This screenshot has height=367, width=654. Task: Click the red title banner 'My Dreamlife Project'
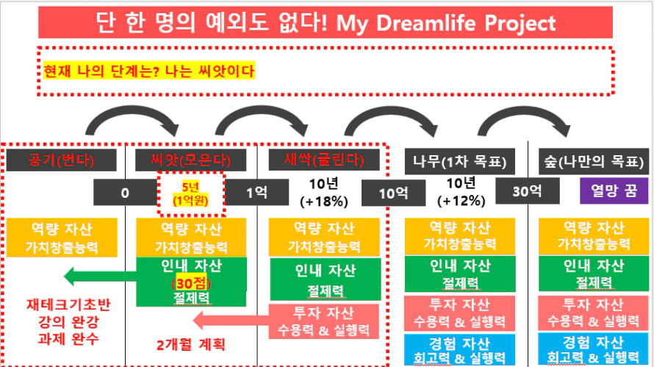tap(326, 22)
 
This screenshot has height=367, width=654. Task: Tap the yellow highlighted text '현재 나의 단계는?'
tap(101, 71)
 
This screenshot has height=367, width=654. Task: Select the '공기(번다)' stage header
tap(61, 160)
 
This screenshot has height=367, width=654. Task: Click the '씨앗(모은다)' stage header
tap(190, 160)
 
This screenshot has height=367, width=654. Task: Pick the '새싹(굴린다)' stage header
tap(324, 160)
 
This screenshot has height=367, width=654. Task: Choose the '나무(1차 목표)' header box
tap(459, 162)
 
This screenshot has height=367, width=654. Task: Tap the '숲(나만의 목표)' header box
tap(594, 162)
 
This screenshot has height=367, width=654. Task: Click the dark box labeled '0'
tap(125, 193)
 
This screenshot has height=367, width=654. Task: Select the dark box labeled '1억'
tap(256, 193)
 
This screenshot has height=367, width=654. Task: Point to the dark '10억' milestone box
tap(393, 193)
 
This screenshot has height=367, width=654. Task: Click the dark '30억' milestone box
tap(528, 191)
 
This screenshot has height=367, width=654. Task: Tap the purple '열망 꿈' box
tap(614, 190)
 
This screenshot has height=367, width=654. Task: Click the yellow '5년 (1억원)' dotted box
tap(191, 194)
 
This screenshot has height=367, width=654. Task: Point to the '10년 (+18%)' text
tap(324, 192)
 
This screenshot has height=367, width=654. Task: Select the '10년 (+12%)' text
tap(461, 192)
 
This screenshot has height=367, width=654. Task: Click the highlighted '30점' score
tap(191, 283)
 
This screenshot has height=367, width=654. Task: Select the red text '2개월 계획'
tap(190, 345)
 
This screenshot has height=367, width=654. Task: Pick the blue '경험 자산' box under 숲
tap(594, 349)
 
